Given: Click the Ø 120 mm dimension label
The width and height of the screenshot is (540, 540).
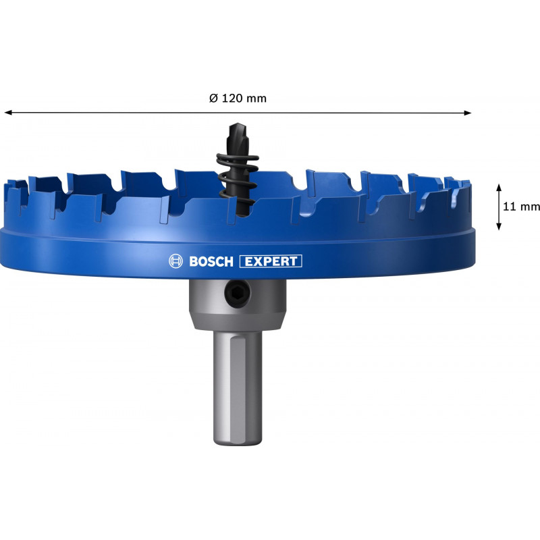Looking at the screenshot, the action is point(238,99).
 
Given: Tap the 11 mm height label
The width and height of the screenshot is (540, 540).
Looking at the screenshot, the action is point(521,207).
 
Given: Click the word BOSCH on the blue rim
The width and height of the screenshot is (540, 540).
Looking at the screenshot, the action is point(211,261).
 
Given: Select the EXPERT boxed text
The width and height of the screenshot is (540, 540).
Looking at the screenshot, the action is point(271,261).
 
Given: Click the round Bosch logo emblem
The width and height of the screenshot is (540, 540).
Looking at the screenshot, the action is point(175,261).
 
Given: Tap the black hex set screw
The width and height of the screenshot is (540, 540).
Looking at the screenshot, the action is point(238,293).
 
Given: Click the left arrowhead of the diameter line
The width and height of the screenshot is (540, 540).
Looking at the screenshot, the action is point(8,113).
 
